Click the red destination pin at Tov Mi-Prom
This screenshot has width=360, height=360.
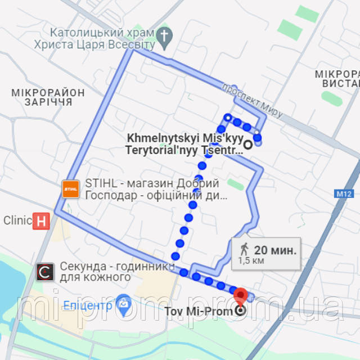240,295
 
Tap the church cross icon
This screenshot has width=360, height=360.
164,35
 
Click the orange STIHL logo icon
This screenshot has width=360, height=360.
71,189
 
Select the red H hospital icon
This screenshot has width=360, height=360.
41,220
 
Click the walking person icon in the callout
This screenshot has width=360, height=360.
244,249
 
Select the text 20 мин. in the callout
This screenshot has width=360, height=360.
275,249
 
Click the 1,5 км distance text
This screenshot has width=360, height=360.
251,260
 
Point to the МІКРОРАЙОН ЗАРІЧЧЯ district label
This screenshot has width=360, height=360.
48,97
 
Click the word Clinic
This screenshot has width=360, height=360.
17,220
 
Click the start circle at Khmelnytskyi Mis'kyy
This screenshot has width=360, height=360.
248,144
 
